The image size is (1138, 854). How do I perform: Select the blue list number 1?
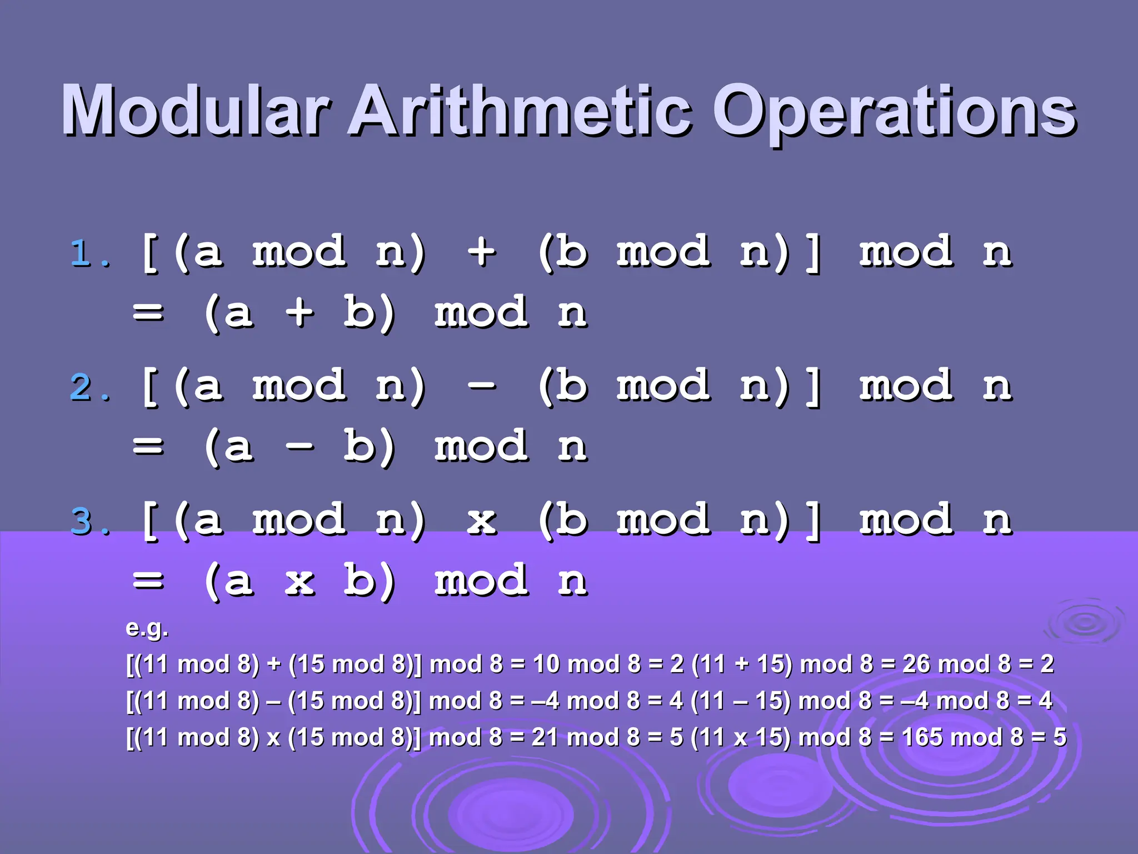[x=83, y=254]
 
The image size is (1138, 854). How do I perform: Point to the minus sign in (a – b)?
[x=300, y=446]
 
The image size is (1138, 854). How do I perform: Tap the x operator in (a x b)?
[x=300, y=582]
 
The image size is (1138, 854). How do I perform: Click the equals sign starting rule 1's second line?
[x=148, y=312]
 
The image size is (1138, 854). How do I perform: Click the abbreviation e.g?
[x=147, y=628]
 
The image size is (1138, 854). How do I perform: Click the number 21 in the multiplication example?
[x=545, y=737]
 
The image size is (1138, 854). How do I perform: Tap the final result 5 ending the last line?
[x=1060, y=737]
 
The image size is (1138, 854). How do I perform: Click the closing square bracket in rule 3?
[x=813, y=520]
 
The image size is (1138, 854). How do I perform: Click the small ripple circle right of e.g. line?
[x=1084, y=623]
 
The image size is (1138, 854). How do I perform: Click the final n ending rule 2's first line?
[x=997, y=387]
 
